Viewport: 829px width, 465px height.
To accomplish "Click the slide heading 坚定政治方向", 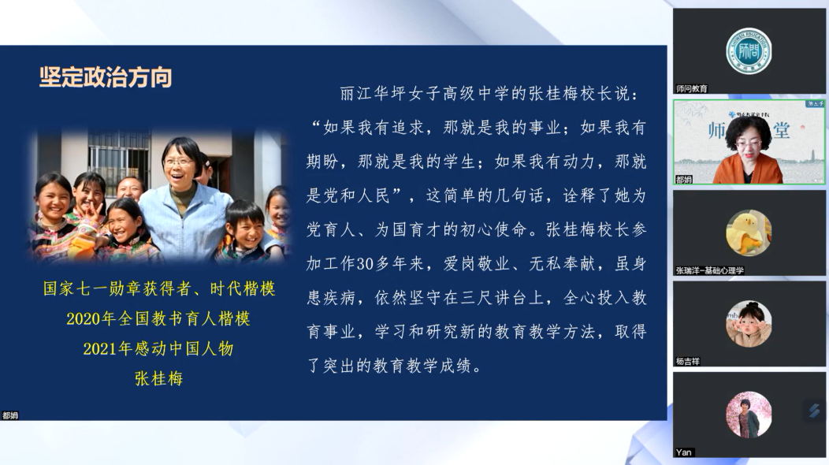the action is [106, 77].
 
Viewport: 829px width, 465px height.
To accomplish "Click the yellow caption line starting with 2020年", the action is [158, 318].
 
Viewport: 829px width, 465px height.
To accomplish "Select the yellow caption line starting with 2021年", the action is [158, 348].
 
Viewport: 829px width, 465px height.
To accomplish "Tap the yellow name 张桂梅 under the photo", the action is [158, 379].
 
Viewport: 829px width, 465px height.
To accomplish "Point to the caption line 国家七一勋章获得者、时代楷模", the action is [159, 288].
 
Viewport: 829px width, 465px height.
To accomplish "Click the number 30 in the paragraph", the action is [366, 263].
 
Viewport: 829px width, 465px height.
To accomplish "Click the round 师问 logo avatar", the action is [748, 50].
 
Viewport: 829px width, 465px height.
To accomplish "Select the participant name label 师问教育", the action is [692, 89].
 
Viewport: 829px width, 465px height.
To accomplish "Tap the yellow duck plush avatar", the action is [748, 233].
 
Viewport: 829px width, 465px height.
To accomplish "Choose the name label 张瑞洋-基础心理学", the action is [709, 271].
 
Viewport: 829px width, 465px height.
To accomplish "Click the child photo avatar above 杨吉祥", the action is [748, 324].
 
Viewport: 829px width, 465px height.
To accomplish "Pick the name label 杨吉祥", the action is [687, 362].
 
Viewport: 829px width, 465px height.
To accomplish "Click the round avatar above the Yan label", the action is [748, 415].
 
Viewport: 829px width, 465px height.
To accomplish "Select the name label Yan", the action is [683, 452].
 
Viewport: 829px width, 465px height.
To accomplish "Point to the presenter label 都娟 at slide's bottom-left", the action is [10, 416].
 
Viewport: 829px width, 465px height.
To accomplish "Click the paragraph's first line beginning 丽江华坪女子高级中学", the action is [490, 94].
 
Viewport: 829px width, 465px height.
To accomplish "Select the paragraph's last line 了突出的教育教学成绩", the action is [395, 366].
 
